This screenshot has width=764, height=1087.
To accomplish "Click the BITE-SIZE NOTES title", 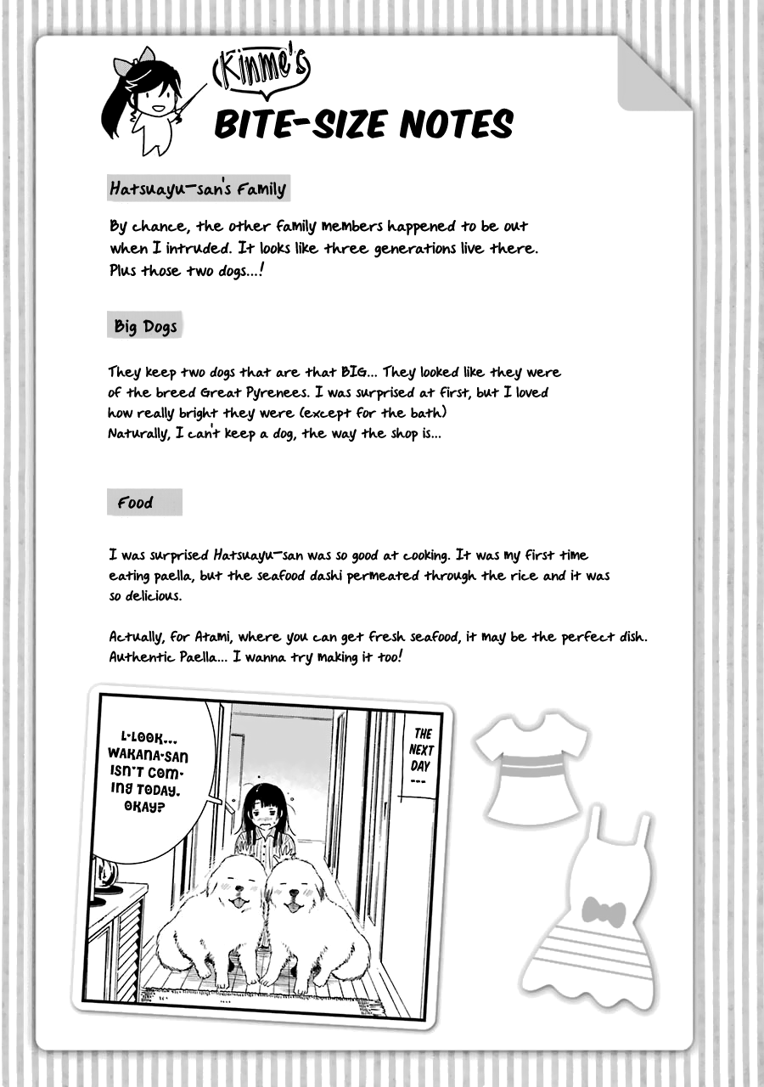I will click(363, 124).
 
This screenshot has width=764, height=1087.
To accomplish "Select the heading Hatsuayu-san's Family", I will click(198, 189).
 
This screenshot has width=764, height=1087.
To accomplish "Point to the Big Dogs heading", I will click(145, 326).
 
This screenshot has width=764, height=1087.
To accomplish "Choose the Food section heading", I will click(136, 503).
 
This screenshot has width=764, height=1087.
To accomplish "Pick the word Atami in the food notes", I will click(205, 637).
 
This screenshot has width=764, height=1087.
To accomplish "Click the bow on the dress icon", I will click(604, 913).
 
